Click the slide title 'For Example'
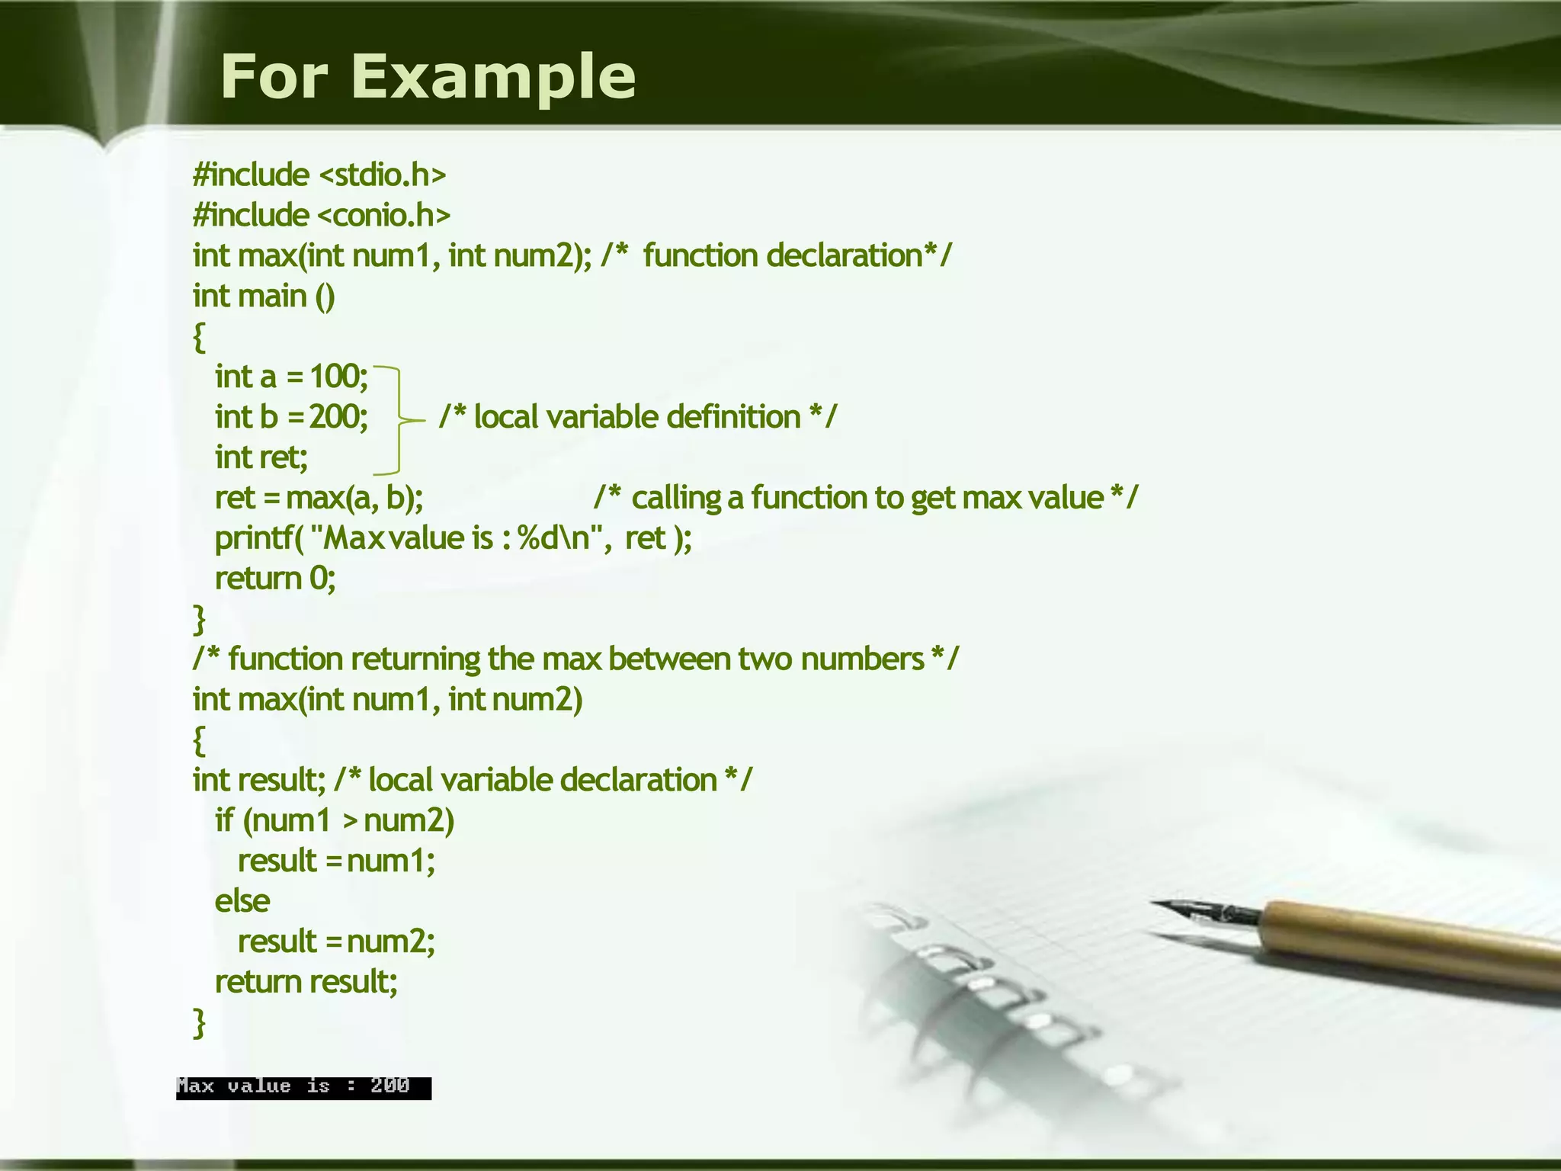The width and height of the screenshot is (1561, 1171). [x=428, y=76]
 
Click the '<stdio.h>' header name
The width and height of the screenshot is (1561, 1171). [x=381, y=175]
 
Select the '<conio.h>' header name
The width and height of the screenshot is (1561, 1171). [x=383, y=216]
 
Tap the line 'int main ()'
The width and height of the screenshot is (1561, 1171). [x=263, y=297]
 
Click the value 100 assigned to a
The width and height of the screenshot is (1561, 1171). [x=337, y=377]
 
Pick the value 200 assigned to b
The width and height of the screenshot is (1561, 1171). [x=337, y=417]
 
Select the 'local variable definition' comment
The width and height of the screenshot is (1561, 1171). [x=637, y=417]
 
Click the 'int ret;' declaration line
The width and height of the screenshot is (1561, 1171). [x=261, y=457]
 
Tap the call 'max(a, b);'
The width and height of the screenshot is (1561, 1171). [x=354, y=498]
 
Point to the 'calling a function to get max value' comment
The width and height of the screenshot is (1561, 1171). [x=865, y=498]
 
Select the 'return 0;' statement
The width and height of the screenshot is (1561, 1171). [x=275, y=579]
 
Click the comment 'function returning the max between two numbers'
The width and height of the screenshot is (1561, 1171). [x=575, y=659]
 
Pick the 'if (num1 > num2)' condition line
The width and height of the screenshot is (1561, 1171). [x=335, y=820]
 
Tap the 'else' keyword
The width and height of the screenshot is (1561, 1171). [x=242, y=901]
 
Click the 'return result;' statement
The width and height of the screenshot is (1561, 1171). [x=306, y=982]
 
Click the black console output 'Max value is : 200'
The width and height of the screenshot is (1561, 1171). [x=303, y=1087]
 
